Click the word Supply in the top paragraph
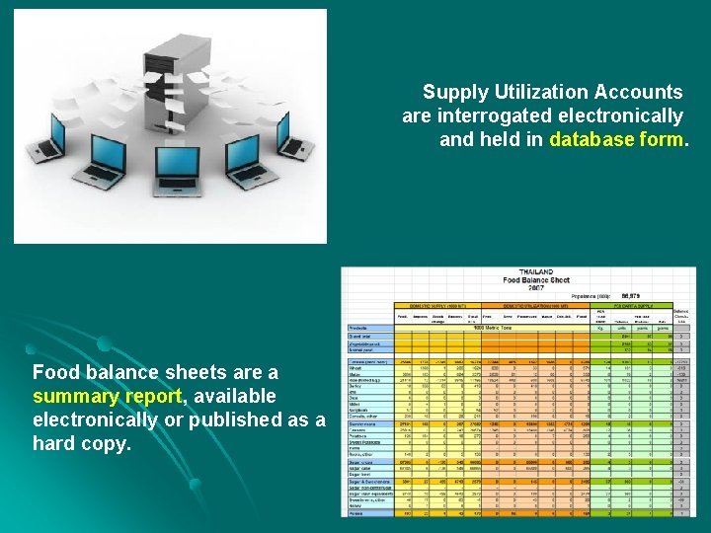coord(455,92)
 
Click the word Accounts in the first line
coord(638,92)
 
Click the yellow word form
coord(661,139)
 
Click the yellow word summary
coord(71,396)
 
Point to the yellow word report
coord(149,396)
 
